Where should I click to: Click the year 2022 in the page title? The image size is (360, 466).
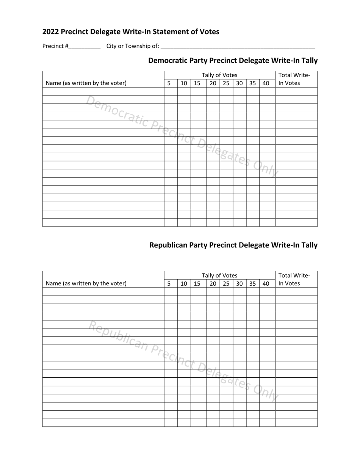[51, 32]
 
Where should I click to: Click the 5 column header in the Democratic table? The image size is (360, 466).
[169, 83]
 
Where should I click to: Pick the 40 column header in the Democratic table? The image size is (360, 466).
[266, 83]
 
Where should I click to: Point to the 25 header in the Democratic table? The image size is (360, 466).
[226, 83]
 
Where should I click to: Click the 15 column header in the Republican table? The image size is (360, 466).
[197, 283]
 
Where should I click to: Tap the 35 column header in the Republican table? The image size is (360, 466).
[252, 283]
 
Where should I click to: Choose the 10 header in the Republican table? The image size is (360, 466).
[184, 283]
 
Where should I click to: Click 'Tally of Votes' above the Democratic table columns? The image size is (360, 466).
[219, 75]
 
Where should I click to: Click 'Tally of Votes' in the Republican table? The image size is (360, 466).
[219, 275]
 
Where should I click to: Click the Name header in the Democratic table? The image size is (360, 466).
[86, 83]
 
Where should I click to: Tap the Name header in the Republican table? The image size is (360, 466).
[86, 283]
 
